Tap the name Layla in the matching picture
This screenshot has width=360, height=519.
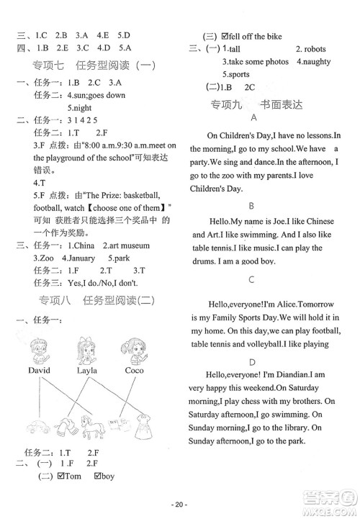[x=87, y=370]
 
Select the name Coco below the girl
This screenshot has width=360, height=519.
[x=134, y=370]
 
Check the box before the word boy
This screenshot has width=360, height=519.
[x=98, y=476]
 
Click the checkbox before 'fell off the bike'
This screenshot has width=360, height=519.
[x=225, y=36]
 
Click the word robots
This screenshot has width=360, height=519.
[x=310, y=49]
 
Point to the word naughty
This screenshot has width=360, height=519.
[x=317, y=62]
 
